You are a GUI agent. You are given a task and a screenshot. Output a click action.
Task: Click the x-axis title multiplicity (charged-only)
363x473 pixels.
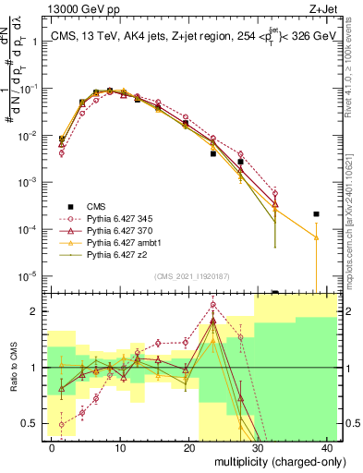pos(273,460)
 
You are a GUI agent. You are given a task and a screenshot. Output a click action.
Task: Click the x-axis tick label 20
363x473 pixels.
pos(189,446)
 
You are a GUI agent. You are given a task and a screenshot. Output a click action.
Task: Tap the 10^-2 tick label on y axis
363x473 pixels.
pos(28,136)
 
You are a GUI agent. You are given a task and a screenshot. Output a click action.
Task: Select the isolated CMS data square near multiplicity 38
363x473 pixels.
pos(316,214)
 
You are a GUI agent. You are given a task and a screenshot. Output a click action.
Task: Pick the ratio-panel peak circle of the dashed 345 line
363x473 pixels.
pos(213,304)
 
